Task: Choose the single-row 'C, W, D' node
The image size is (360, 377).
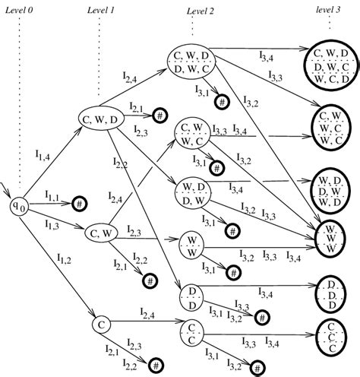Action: coord(99,118)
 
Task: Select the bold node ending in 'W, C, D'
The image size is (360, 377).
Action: coord(331,65)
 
